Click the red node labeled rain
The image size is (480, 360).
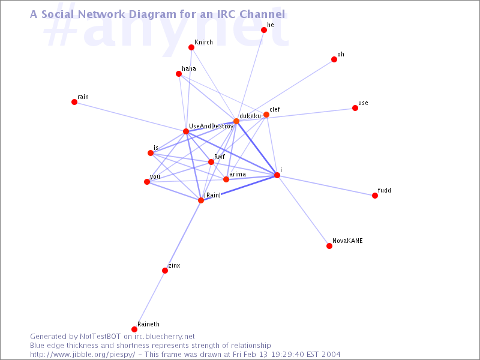(74, 102)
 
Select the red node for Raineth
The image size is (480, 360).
(134, 329)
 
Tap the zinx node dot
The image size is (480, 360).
(165, 271)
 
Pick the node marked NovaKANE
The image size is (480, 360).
(329, 246)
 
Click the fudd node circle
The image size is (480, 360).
(375, 196)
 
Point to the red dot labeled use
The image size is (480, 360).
(355, 108)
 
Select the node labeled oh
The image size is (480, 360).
(334, 59)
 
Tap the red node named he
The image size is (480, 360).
(264, 30)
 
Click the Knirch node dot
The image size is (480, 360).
(191, 47)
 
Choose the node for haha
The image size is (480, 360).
(179, 74)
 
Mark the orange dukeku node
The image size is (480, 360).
(236, 121)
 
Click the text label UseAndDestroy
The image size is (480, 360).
(211, 127)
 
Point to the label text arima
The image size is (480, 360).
(238, 174)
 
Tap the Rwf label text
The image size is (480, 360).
(220, 157)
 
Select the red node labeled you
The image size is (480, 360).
(147, 182)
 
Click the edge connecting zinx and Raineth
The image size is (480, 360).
(149, 300)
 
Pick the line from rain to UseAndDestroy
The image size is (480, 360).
(130, 116)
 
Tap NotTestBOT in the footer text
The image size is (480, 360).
(100, 337)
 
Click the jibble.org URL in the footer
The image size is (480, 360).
(82, 355)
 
